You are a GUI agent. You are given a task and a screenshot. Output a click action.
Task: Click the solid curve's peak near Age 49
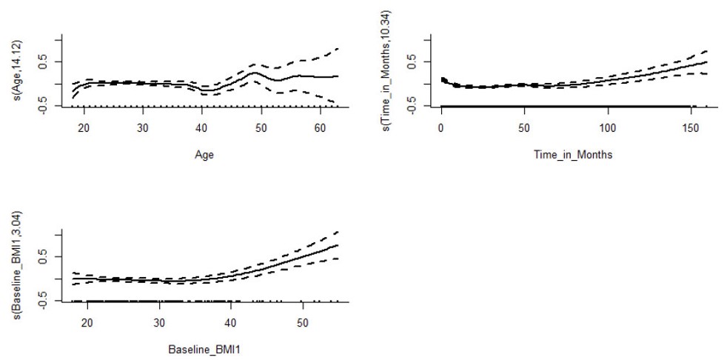254,73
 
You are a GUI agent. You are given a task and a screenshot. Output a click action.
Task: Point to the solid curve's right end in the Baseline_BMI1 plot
338,245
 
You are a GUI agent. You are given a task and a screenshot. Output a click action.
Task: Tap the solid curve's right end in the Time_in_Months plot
707,62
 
